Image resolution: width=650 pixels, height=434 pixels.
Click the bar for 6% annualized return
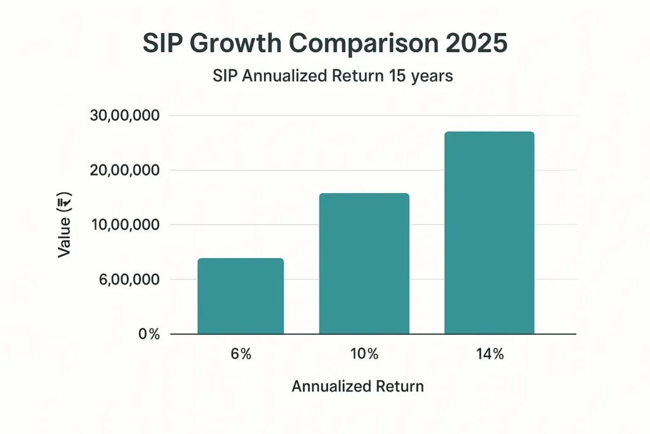(241, 296)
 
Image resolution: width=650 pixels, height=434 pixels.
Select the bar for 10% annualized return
(364, 264)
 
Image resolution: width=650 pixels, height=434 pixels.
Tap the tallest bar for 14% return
(489, 233)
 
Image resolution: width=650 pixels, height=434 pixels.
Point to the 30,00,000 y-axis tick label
(126, 116)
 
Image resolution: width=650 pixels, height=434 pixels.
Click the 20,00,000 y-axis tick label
(126, 171)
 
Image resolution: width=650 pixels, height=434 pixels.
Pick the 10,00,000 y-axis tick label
(126, 225)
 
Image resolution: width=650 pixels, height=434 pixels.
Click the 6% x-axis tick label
(241, 355)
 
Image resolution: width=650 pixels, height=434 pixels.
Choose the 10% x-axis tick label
(364, 355)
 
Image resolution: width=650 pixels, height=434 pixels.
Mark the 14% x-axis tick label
(489, 355)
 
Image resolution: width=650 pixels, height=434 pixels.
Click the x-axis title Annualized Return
(357, 386)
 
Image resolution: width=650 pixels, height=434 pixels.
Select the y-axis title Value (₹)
(65, 225)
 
